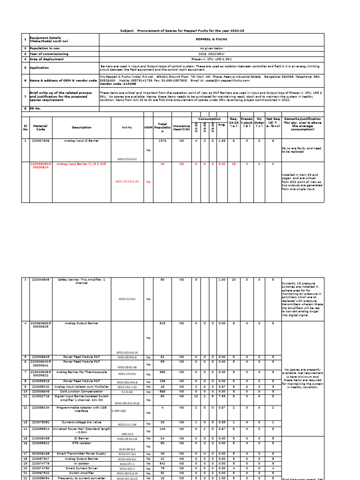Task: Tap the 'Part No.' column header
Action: pyautogui.click(x=127, y=127)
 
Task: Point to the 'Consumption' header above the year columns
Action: pyautogui.click(x=209, y=119)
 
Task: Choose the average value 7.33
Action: pyautogui.click(x=222, y=396)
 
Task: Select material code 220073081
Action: pyautogui.click(x=40, y=422)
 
